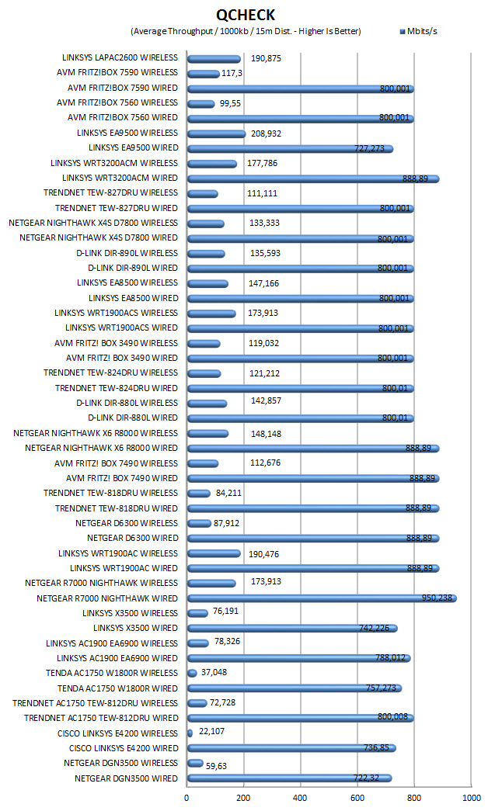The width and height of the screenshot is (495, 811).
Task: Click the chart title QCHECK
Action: click(x=246, y=15)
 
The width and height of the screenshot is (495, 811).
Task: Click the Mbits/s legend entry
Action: click(x=418, y=31)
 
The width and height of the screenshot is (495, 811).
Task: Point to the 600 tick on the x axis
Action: click(x=357, y=798)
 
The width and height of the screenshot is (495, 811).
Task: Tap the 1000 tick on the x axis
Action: click(x=472, y=798)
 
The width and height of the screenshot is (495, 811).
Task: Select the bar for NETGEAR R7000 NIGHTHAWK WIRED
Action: click(x=322, y=598)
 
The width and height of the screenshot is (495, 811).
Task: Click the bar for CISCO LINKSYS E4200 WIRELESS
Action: click(x=190, y=733)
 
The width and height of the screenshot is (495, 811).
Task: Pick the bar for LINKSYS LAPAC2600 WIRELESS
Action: click(x=214, y=59)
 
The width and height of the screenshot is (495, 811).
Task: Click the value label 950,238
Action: click(x=437, y=598)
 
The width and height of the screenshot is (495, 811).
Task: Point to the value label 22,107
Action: click(x=212, y=731)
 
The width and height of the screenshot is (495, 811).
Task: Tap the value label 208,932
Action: click(x=266, y=133)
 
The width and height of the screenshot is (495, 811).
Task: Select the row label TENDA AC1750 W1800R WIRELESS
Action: click(x=112, y=673)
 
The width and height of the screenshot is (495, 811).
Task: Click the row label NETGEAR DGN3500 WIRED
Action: click(x=127, y=778)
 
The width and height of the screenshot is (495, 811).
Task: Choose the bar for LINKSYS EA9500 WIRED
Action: click(x=290, y=149)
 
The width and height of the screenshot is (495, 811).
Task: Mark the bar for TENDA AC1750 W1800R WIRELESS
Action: click(x=192, y=673)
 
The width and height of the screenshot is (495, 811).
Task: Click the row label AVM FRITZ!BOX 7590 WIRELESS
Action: click(x=117, y=72)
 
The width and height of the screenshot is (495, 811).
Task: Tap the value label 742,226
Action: click(x=374, y=627)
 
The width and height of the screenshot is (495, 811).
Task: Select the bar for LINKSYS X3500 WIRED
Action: click(x=292, y=629)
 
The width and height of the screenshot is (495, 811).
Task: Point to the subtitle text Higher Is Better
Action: click(x=329, y=31)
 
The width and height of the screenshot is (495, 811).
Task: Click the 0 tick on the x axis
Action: click(x=187, y=798)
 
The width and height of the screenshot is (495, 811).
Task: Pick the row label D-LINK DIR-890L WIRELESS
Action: click(x=127, y=253)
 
